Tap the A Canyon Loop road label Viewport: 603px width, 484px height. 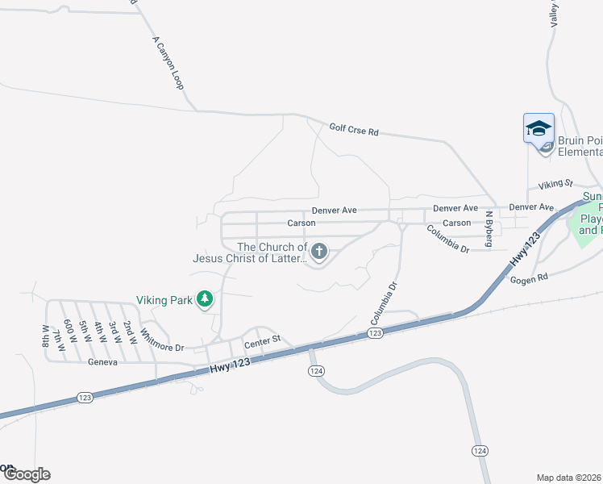(168, 61)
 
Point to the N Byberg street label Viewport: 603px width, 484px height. (489, 229)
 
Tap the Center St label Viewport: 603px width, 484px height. (262, 341)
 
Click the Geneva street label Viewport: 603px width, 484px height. (103, 362)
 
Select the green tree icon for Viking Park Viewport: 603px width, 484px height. (206, 300)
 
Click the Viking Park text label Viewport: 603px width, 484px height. (164, 300)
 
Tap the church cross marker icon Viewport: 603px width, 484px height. (319, 252)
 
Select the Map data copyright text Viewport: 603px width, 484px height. (569, 478)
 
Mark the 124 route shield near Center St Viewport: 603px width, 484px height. (316, 369)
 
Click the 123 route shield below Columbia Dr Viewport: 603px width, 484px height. (375, 332)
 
